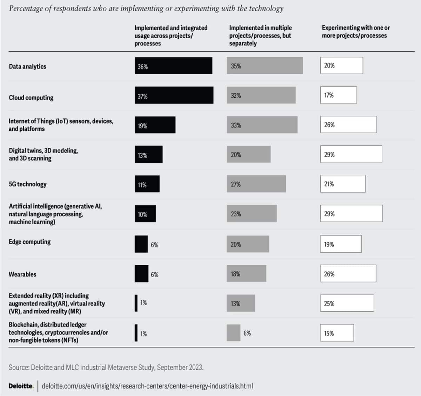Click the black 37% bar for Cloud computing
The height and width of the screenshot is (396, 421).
[174, 95]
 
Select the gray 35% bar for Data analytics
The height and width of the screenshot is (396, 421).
[265, 66]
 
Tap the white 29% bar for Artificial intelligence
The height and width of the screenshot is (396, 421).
[351, 214]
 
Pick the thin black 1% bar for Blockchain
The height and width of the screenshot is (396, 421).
[136, 333]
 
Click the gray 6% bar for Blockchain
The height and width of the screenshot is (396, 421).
[233, 333]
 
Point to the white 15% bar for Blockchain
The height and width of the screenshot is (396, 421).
[337, 333]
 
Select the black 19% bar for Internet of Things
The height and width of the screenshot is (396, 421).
[155, 125]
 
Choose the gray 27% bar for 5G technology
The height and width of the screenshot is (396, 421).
[256, 184]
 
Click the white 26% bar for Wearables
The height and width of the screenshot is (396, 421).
[348, 274]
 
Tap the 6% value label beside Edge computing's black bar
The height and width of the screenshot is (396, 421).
[154, 245]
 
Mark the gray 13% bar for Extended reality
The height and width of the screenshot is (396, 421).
[241, 303]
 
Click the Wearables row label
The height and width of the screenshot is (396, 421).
[22, 274]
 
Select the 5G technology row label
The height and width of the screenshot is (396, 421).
[28, 184]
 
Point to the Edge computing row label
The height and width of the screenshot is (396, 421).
[30, 242]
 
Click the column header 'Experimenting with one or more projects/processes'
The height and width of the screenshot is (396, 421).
[355, 32]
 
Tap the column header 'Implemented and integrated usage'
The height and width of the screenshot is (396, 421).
[171, 35]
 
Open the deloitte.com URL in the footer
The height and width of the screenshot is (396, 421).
[147, 386]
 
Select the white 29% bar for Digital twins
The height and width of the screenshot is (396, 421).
[351, 155]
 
